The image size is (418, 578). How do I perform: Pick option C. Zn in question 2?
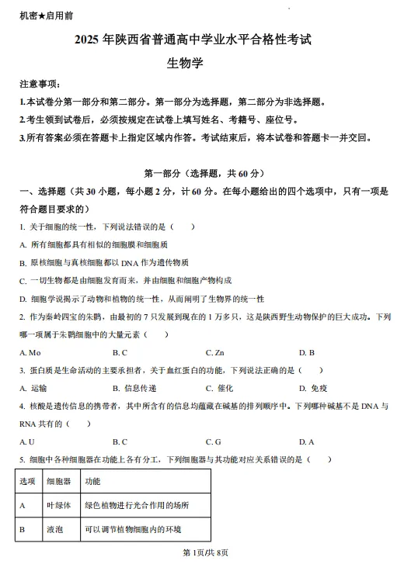215,352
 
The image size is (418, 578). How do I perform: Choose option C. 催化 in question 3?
219,388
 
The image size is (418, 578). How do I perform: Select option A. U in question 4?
28,441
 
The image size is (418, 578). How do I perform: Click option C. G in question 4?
214,441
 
